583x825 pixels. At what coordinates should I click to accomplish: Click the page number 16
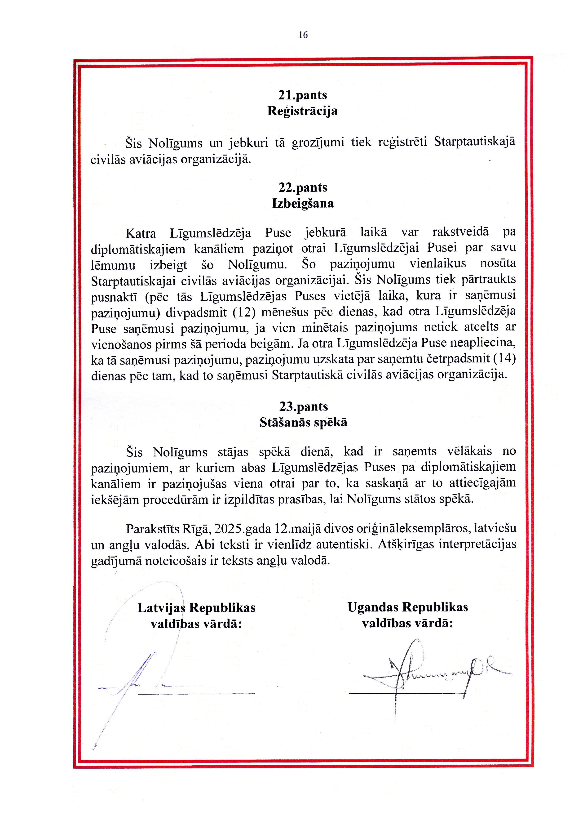point(303,35)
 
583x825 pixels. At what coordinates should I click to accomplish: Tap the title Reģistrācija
point(302,111)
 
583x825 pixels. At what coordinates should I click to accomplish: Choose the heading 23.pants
point(304,406)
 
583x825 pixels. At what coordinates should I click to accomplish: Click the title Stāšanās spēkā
point(304,422)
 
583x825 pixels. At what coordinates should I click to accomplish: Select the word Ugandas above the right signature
point(373,607)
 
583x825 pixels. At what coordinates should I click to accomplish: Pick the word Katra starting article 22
point(141,234)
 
